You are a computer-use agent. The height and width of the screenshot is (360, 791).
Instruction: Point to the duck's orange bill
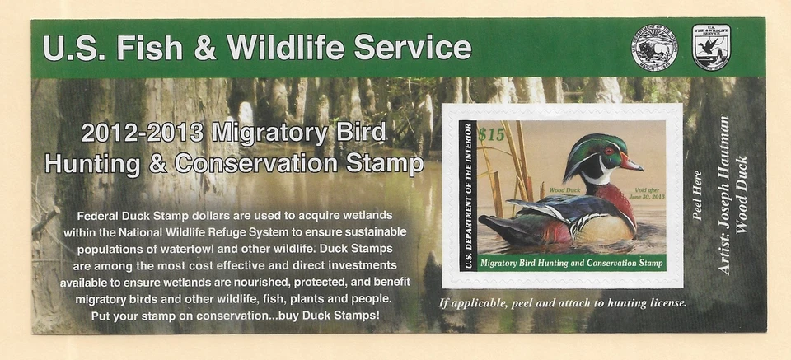pyautogui.click(x=630, y=163)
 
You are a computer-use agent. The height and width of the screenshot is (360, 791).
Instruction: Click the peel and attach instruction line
pyautogui.click(x=564, y=302)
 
